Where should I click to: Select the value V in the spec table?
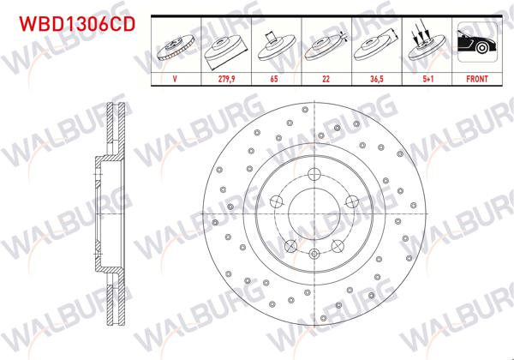(x=175, y=77)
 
